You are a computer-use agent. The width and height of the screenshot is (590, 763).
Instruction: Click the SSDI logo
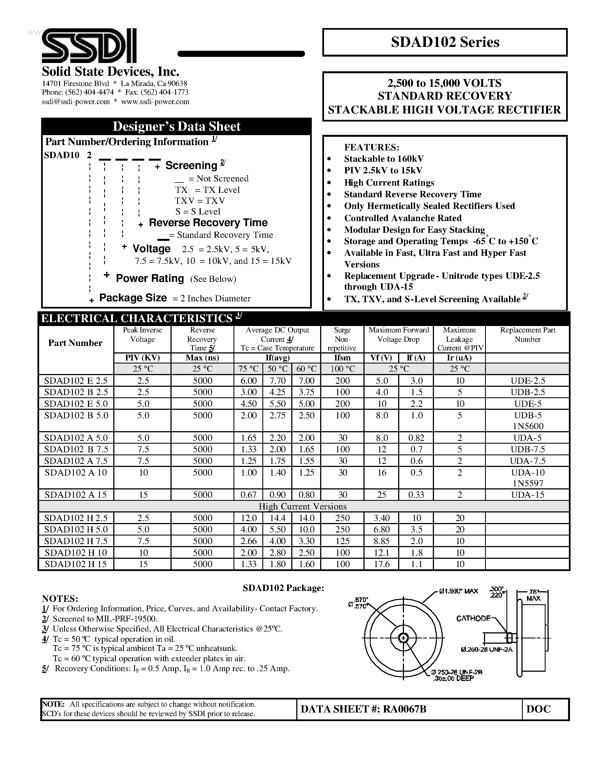tap(89, 46)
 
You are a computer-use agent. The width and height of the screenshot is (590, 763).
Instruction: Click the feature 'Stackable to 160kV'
tap(384, 159)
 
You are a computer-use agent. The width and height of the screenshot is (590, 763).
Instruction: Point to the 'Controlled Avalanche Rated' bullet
tap(403, 218)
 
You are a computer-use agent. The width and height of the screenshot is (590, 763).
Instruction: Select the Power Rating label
tap(150, 279)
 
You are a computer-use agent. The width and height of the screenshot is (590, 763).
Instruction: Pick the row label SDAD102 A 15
tap(76, 495)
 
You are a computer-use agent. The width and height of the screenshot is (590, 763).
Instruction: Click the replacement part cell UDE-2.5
tap(528, 381)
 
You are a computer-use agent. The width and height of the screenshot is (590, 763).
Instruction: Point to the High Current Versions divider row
tap(303, 507)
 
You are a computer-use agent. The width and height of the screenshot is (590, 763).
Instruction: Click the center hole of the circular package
tap(403, 638)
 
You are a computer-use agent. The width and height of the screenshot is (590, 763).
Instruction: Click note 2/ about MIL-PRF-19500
tap(105, 619)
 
